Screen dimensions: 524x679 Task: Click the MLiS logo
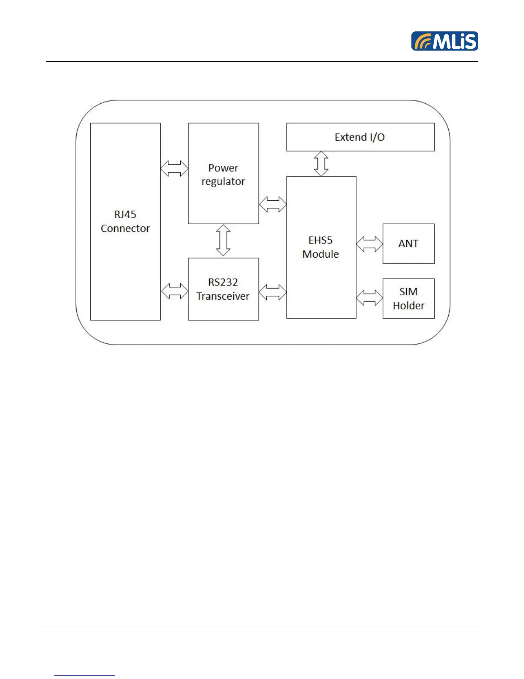444,41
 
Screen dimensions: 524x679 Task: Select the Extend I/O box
360,137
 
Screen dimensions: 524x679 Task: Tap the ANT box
408,243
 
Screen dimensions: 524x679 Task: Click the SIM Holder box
408,298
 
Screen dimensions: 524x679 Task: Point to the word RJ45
125,214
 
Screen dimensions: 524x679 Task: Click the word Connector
125,228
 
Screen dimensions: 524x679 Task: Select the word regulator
223,182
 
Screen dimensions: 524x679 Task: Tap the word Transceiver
223,296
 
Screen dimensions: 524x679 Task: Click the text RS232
223,282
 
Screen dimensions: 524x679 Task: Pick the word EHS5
320,240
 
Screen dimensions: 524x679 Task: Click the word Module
320,254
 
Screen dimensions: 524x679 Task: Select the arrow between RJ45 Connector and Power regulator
174,168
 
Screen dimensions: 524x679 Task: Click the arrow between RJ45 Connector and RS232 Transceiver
174,291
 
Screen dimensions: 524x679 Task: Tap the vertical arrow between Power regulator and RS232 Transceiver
223,240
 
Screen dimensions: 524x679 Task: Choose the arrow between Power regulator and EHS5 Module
273,204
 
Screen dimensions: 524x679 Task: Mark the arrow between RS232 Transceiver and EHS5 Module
273,292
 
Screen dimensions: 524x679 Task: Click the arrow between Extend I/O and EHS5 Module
321,163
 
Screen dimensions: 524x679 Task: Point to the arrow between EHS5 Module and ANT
369,244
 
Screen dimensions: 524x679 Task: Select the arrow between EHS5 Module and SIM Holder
369,298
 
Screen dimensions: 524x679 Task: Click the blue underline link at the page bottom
85,675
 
